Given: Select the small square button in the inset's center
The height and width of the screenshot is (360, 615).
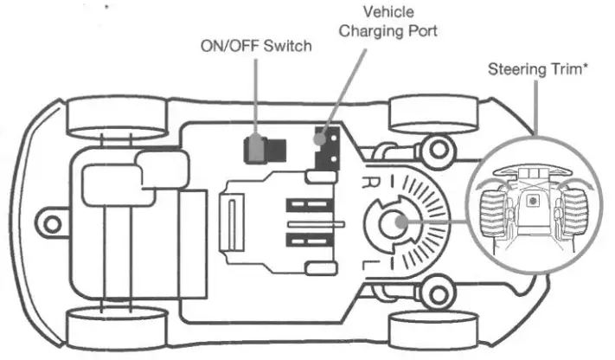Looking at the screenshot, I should pos(533,199).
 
